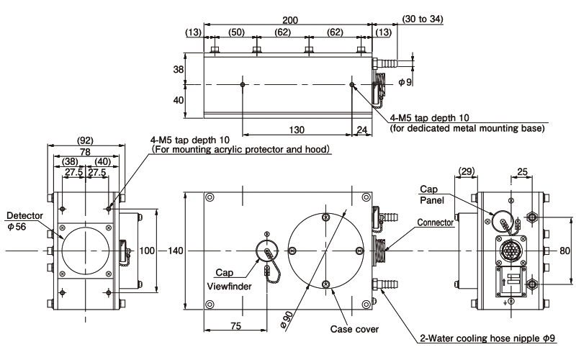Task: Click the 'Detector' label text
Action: pyautogui.click(x=22, y=215)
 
